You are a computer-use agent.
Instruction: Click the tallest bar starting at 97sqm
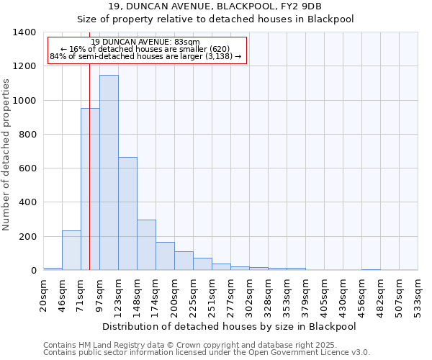click(109, 173)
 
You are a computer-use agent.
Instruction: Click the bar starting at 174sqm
click(165, 256)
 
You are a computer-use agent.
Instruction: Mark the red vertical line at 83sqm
click(89, 180)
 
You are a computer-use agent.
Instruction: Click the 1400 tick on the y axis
click(26, 32)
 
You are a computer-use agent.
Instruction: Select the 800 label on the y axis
click(29, 135)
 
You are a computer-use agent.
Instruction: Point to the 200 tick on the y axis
click(29, 237)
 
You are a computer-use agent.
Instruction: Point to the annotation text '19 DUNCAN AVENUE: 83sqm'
click(146, 42)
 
